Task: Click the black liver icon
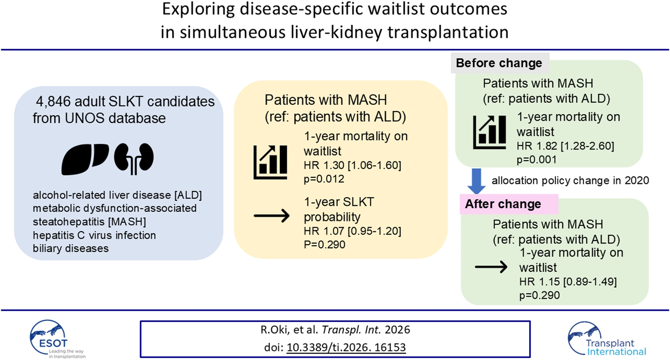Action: (84, 159)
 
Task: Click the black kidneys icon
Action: (134, 158)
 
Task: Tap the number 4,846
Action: (53, 101)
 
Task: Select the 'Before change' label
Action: (499, 63)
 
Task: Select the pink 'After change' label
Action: (503, 204)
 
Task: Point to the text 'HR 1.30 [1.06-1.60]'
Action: (352, 165)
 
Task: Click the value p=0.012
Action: (324, 179)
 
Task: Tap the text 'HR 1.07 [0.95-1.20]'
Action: (352, 231)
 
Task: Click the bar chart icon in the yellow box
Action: (270, 162)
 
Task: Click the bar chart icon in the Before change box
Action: (489, 132)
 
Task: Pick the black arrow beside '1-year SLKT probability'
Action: (271, 216)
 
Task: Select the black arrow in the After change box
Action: (491, 267)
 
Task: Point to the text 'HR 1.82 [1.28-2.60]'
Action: (565, 146)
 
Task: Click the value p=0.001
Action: (537, 160)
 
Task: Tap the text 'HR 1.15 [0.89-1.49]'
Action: (568, 282)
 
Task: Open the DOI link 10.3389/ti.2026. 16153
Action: (346, 347)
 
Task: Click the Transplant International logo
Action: (606, 340)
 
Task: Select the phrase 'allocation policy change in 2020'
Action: (570, 180)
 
